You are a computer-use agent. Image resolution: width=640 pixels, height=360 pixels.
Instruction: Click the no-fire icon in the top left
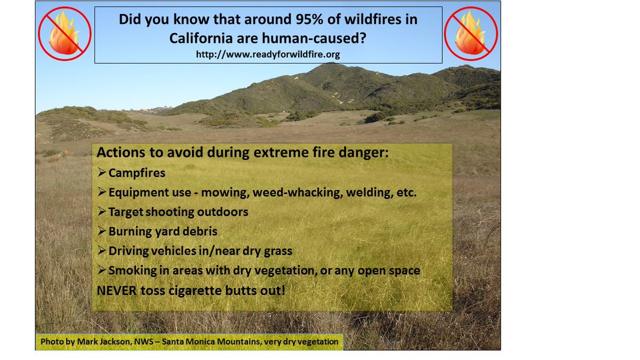click(65, 34)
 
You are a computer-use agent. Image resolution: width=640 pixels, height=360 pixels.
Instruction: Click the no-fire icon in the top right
click(471, 34)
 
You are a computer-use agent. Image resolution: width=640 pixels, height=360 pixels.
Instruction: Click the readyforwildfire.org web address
click(268, 54)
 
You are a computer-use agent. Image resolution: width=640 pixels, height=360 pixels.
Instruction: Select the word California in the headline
click(201, 38)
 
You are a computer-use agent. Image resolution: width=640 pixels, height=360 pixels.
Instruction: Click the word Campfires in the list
click(137, 173)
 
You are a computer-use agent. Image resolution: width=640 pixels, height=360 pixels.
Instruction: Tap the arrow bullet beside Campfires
click(101, 172)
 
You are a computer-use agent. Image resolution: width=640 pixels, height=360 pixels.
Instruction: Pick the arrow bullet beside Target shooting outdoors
click(101, 211)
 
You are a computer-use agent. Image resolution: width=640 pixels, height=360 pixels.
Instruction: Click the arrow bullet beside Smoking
click(101, 269)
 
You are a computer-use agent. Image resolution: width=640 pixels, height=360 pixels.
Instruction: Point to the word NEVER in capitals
click(117, 291)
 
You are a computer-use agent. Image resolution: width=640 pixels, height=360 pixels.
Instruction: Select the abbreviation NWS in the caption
click(144, 341)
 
